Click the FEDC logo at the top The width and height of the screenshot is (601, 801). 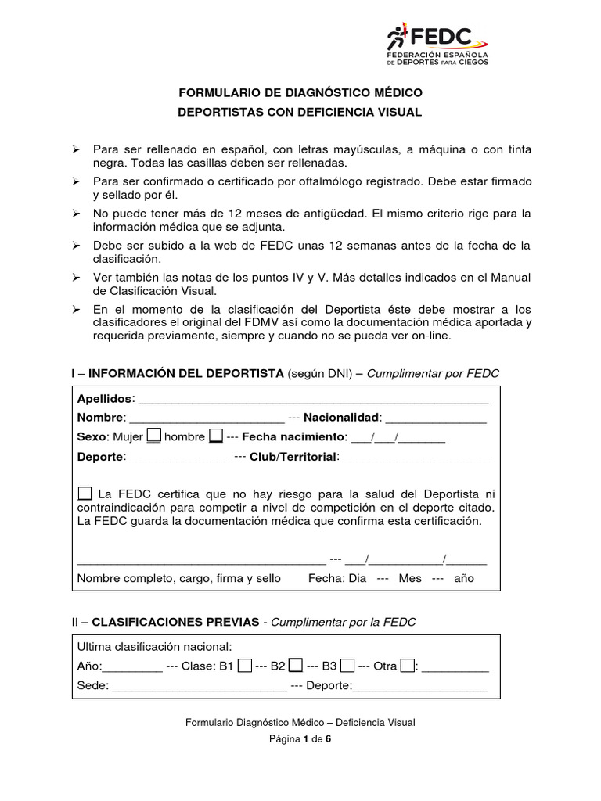[438, 45]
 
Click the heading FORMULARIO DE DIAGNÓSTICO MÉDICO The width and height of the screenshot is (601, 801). [300, 93]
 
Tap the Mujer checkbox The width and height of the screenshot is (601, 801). [155, 436]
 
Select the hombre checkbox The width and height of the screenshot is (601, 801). [216, 436]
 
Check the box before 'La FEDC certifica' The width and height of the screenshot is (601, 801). [85, 494]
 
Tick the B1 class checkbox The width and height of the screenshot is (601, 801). [245, 666]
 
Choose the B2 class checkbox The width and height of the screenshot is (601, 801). [296, 666]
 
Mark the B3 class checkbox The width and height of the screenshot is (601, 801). [347, 666]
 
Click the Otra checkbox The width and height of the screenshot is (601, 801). [407, 666]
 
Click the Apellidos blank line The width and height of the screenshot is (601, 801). [313, 400]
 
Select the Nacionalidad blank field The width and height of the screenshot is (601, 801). [435, 419]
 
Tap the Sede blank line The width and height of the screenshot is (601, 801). [200, 688]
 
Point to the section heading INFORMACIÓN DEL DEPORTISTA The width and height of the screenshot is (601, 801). [178, 374]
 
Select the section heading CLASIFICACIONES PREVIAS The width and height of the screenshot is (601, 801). [175, 622]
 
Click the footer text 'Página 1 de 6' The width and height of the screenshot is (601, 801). [300, 738]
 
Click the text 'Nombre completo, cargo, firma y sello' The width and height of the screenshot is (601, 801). [178, 578]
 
